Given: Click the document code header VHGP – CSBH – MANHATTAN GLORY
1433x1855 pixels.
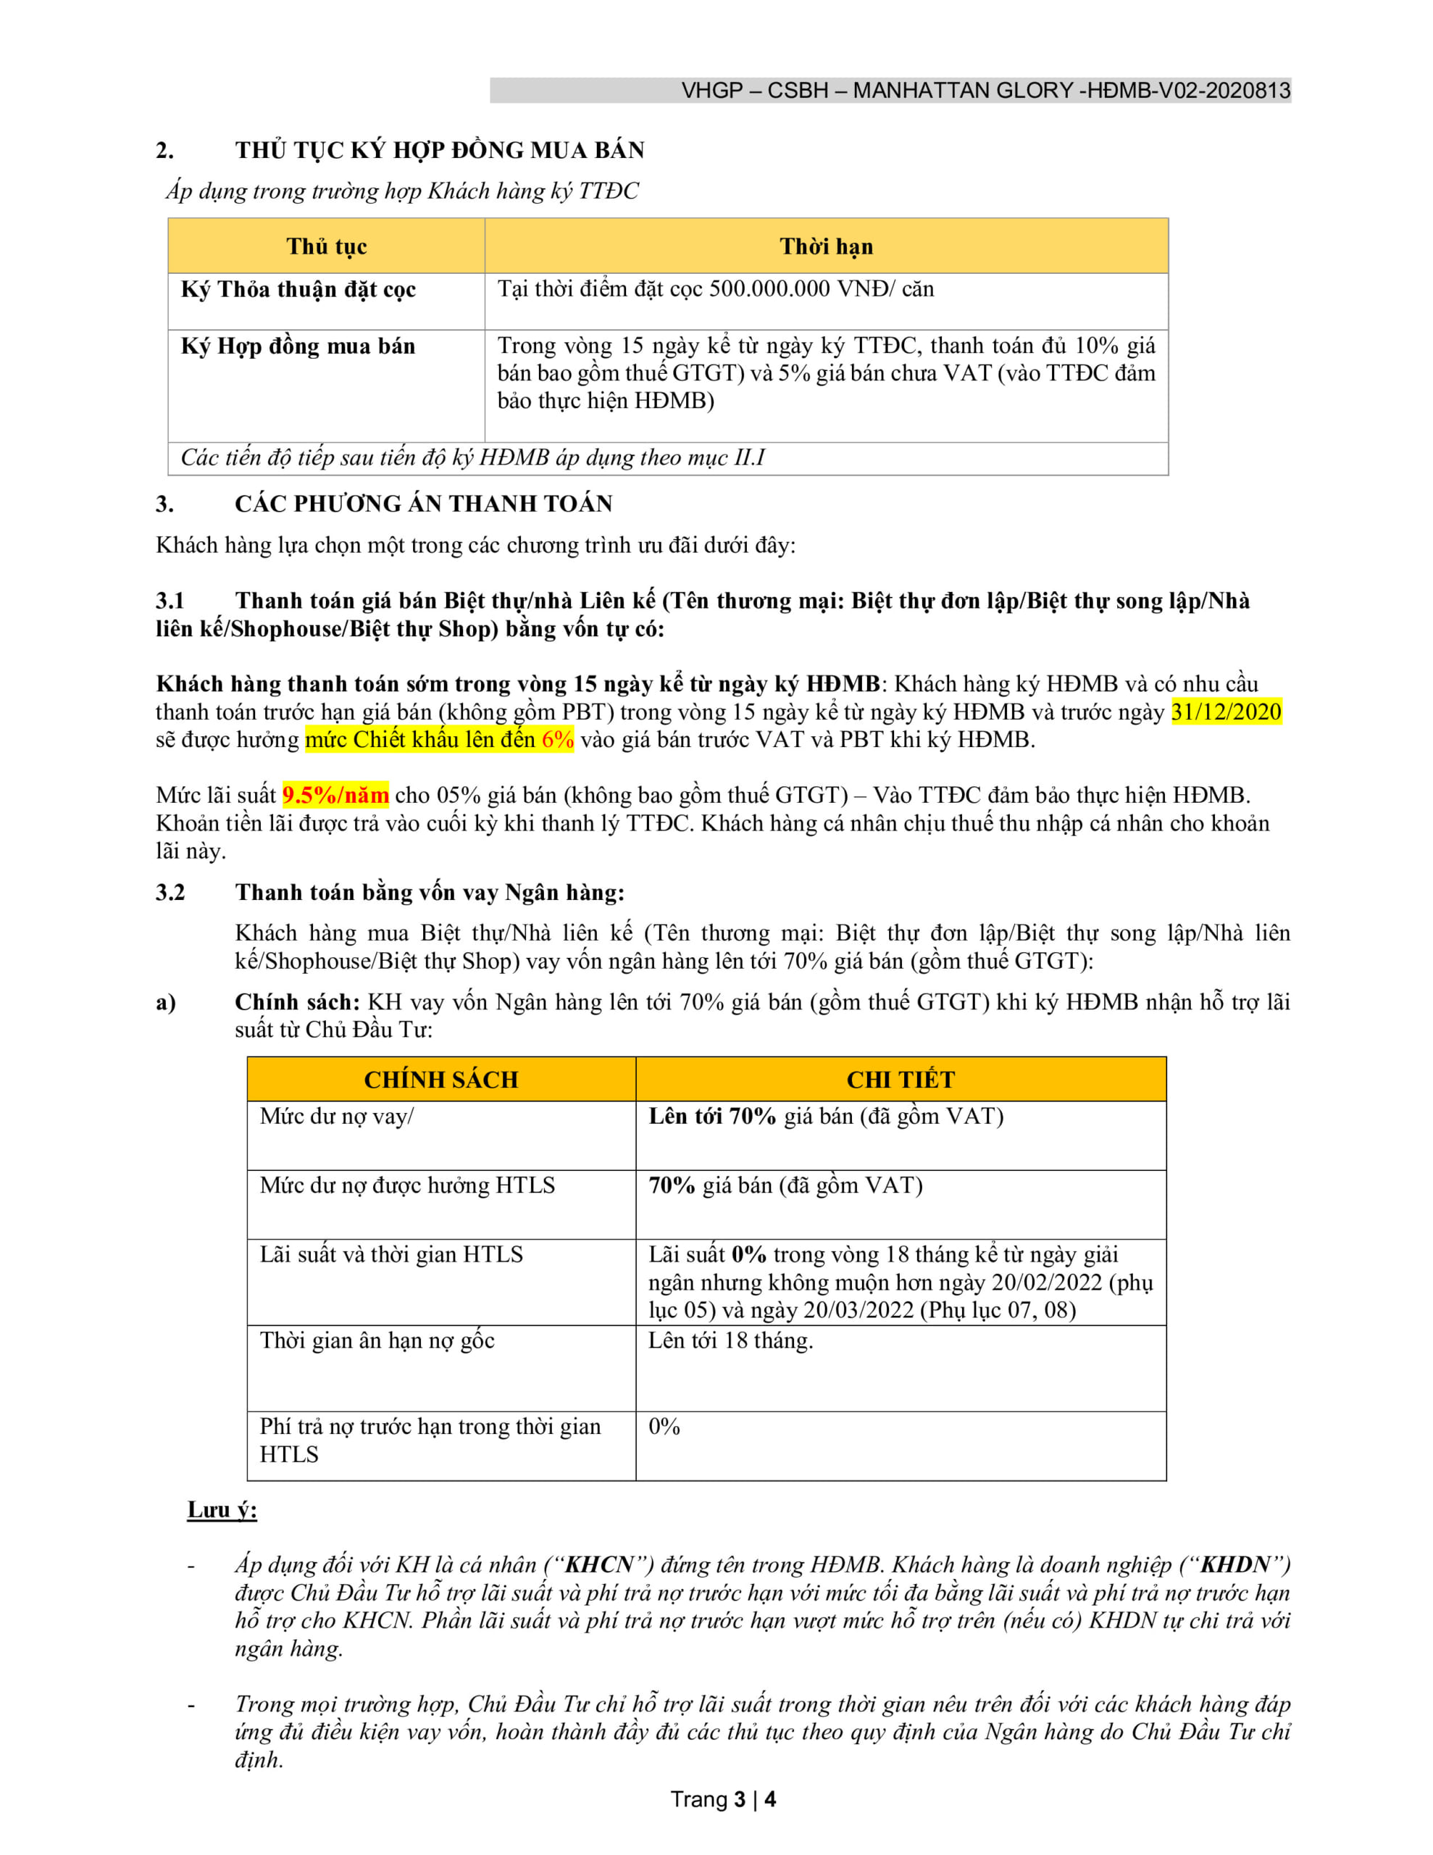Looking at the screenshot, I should [x=985, y=90].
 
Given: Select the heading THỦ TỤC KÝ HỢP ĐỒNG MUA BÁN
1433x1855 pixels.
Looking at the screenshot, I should [x=439, y=150].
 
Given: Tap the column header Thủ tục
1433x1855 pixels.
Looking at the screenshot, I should [x=326, y=246].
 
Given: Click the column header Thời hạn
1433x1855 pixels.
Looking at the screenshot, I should [x=826, y=246].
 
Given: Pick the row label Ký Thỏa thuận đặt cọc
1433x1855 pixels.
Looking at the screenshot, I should [x=298, y=290].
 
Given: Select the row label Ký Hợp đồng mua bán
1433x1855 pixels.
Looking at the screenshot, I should [x=298, y=346].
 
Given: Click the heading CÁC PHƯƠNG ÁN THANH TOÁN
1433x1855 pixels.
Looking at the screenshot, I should [x=423, y=504].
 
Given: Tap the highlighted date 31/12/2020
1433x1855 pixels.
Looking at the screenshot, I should [x=1226, y=712].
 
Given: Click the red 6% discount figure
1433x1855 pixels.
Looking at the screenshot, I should [x=557, y=740].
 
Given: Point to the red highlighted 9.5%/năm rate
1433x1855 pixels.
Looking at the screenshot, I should [x=335, y=795].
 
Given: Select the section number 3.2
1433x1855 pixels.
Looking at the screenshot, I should [x=170, y=892].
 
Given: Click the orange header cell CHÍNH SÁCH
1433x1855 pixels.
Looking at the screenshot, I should [x=441, y=1080].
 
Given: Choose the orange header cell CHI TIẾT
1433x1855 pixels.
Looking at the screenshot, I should [x=901, y=1080].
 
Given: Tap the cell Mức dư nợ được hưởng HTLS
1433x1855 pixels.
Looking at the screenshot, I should [x=407, y=1185].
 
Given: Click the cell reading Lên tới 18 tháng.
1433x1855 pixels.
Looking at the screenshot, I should [x=730, y=1341].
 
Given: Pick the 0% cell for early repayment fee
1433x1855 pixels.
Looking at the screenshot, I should [x=664, y=1426].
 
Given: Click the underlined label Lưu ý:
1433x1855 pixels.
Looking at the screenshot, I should [x=222, y=1509].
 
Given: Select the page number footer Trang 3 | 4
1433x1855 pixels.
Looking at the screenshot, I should [x=723, y=1799].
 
